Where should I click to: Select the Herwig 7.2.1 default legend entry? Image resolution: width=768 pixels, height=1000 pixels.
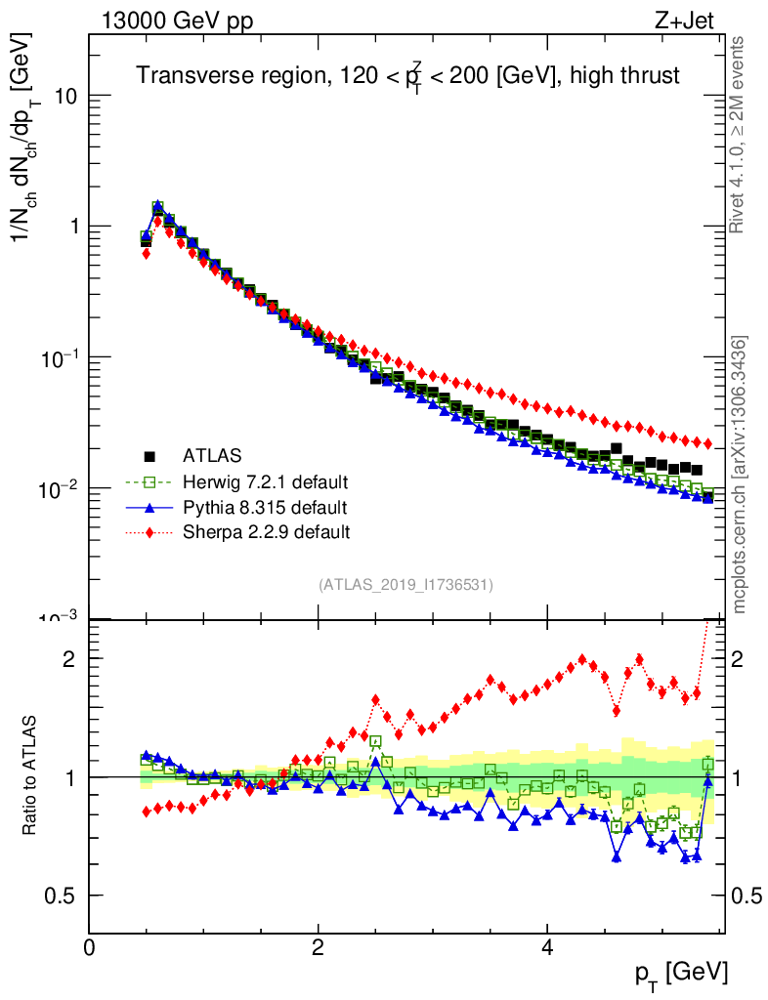[x=265, y=481]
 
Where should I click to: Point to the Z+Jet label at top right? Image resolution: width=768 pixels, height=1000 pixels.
[x=691, y=21]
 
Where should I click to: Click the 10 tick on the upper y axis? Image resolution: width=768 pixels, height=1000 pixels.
[x=66, y=97]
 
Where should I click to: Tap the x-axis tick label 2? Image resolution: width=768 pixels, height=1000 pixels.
[x=319, y=946]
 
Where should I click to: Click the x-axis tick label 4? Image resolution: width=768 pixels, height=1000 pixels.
[x=547, y=946]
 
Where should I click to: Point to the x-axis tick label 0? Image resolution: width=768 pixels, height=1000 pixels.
[x=89, y=946]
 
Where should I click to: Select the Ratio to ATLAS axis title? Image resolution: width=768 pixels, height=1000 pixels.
[x=31, y=776]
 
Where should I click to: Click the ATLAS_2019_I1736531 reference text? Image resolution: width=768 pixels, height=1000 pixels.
[x=405, y=585]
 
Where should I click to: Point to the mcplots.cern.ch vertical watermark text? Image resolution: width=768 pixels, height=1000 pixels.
[x=740, y=475]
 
